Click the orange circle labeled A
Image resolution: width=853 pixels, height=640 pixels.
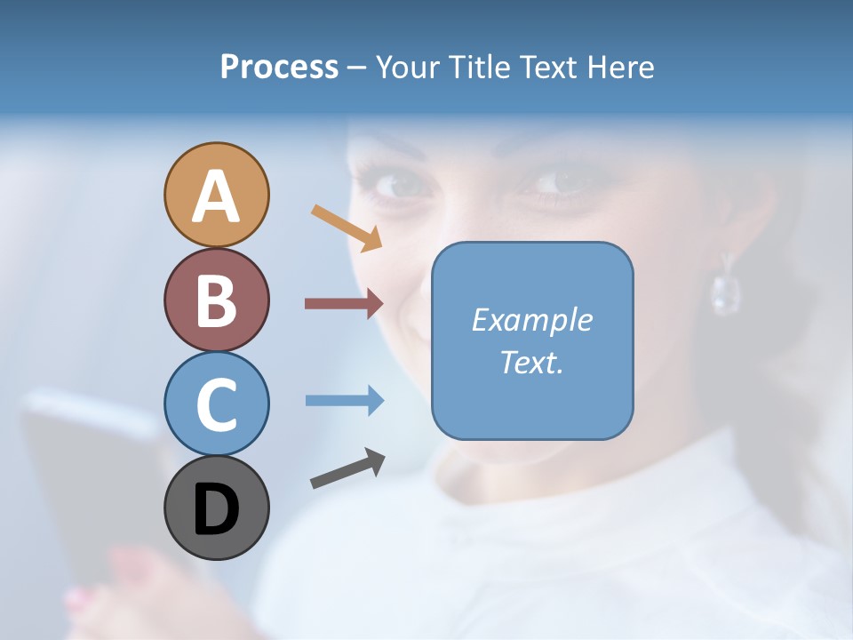(216, 196)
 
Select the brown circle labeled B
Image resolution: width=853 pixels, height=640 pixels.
(216, 300)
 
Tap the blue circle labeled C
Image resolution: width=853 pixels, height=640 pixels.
(216, 404)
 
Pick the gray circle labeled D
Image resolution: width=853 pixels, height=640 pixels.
(216, 508)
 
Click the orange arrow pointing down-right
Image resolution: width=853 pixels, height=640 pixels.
(347, 228)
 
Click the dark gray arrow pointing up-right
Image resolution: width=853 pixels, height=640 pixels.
(347, 469)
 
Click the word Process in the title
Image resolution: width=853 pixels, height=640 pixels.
(279, 67)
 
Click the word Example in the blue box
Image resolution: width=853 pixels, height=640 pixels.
(531, 320)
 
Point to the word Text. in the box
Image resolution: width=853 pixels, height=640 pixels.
(531, 362)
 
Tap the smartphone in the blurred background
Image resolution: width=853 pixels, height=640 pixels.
(89, 480)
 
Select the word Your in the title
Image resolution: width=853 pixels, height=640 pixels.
(404, 67)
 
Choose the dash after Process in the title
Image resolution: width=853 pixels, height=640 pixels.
(356, 68)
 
